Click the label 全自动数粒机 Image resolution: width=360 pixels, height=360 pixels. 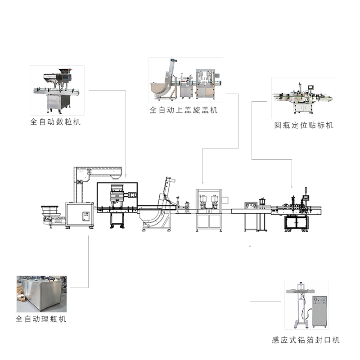(55, 121)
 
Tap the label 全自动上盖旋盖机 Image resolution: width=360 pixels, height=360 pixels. (183, 110)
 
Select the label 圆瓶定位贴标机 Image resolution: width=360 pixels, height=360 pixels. (304, 126)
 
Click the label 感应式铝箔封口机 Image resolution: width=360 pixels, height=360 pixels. (306, 340)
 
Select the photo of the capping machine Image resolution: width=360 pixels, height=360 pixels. (186, 80)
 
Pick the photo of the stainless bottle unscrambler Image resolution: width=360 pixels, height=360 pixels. (41, 294)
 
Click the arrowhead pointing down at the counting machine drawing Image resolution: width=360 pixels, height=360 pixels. (126, 175)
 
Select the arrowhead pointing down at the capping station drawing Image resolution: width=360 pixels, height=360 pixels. (202, 183)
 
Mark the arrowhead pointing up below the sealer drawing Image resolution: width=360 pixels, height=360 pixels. (250, 246)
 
